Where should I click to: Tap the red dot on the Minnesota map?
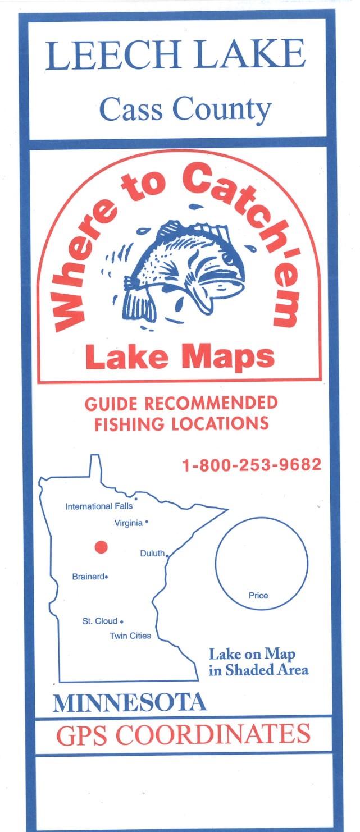pyautogui.click(x=101, y=546)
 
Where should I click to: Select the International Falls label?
pyautogui.click(x=99, y=506)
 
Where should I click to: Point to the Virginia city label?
pyautogui.click(x=129, y=523)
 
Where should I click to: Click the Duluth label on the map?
pyautogui.click(x=152, y=554)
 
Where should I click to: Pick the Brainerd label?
pyautogui.click(x=88, y=576)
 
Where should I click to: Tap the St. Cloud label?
pyautogui.click(x=99, y=621)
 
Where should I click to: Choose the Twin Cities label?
pyautogui.click(x=130, y=636)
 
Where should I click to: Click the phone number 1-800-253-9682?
pyautogui.click(x=252, y=465)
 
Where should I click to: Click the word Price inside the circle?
pyautogui.click(x=258, y=595)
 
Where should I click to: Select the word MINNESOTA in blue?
pyautogui.click(x=130, y=702)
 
